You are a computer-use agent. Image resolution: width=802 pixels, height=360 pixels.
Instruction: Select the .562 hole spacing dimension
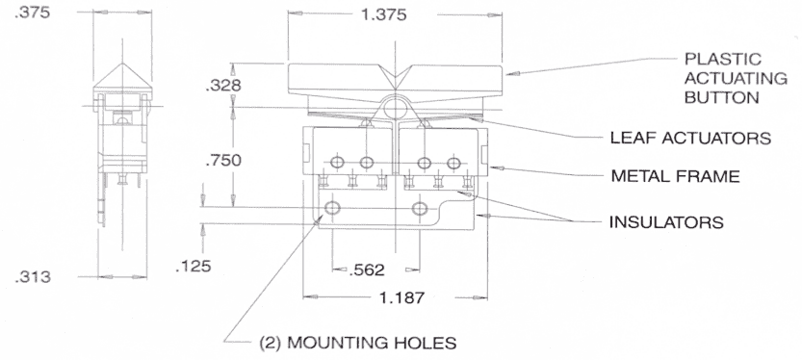tap(367, 269)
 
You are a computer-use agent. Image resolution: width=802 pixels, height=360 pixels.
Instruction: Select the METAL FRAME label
tap(674, 177)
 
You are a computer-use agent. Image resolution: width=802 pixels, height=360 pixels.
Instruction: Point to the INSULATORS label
tap(665, 222)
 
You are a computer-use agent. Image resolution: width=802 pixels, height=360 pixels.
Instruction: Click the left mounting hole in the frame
tap(333, 208)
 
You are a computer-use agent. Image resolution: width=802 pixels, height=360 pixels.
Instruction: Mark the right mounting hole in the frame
tap(419, 208)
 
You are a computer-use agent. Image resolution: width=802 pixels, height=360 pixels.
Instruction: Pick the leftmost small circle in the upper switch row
tap(337, 160)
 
